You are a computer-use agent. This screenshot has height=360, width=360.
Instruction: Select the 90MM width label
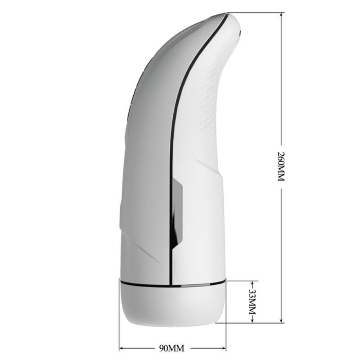pos(172,348)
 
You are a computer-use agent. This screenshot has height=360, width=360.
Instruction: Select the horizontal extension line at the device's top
pos(256,13)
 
